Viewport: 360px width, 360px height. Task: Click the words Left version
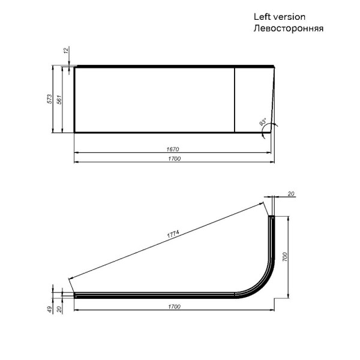click(x=279, y=17)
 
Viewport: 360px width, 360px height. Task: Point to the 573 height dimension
click(x=50, y=100)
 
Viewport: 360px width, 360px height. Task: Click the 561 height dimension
click(x=59, y=100)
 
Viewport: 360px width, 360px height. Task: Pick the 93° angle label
click(x=263, y=124)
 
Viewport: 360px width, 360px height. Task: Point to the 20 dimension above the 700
click(x=291, y=193)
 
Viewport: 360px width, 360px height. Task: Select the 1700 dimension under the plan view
click(x=174, y=307)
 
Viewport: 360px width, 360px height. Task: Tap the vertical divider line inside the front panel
click(x=234, y=99)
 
